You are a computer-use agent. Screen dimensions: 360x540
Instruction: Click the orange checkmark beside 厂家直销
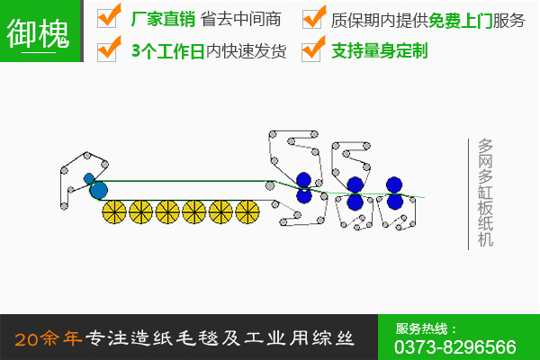click(109, 18)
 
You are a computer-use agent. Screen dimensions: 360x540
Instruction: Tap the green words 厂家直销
click(161, 19)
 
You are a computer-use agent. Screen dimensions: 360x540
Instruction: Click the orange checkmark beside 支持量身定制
click(314, 49)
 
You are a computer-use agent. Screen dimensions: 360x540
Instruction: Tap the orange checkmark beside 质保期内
click(314, 18)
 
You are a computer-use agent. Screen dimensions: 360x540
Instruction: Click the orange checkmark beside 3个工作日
click(109, 49)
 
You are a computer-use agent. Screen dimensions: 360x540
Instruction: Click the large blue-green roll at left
click(98, 190)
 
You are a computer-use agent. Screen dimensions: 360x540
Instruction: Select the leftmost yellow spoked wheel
click(114, 212)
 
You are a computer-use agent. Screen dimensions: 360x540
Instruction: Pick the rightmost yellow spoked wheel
click(247, 212)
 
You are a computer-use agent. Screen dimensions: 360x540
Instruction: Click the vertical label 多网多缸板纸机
click(485, 193)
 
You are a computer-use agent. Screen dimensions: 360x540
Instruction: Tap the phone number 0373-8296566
click(455, 346)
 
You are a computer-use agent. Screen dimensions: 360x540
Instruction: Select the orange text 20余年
click(49, 338)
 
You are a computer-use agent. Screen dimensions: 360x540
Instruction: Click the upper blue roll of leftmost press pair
click(303, 178)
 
